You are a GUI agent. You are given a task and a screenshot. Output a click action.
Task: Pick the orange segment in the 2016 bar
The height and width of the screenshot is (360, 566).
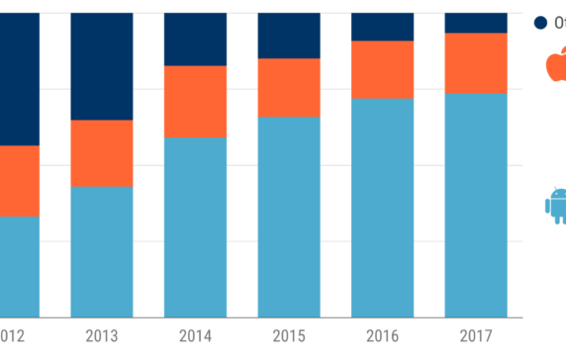[382, 69]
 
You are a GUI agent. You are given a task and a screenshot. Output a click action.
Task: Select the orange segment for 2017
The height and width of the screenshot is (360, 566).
[476, 62]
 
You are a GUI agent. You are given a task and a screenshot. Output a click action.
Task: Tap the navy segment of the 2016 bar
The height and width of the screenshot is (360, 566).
[382, 26]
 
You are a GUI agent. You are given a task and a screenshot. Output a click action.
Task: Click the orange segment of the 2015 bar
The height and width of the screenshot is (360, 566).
[289, 87]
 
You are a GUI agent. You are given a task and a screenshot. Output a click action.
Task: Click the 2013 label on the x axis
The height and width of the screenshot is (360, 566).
[102, 336]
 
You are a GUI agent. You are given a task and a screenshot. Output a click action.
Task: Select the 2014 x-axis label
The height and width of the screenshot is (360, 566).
[195, 336]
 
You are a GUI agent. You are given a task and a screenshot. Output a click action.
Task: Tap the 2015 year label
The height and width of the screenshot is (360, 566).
[289, 336]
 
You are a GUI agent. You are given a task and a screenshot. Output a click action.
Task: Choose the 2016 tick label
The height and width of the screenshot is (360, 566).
[382, 336]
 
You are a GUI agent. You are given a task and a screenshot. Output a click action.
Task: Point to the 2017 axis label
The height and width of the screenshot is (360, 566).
[476, 336]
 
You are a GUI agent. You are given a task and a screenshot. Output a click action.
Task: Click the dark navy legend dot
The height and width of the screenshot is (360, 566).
[540, 22]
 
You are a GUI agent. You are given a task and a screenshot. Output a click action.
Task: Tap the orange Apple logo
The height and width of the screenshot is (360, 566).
[557, 66]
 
